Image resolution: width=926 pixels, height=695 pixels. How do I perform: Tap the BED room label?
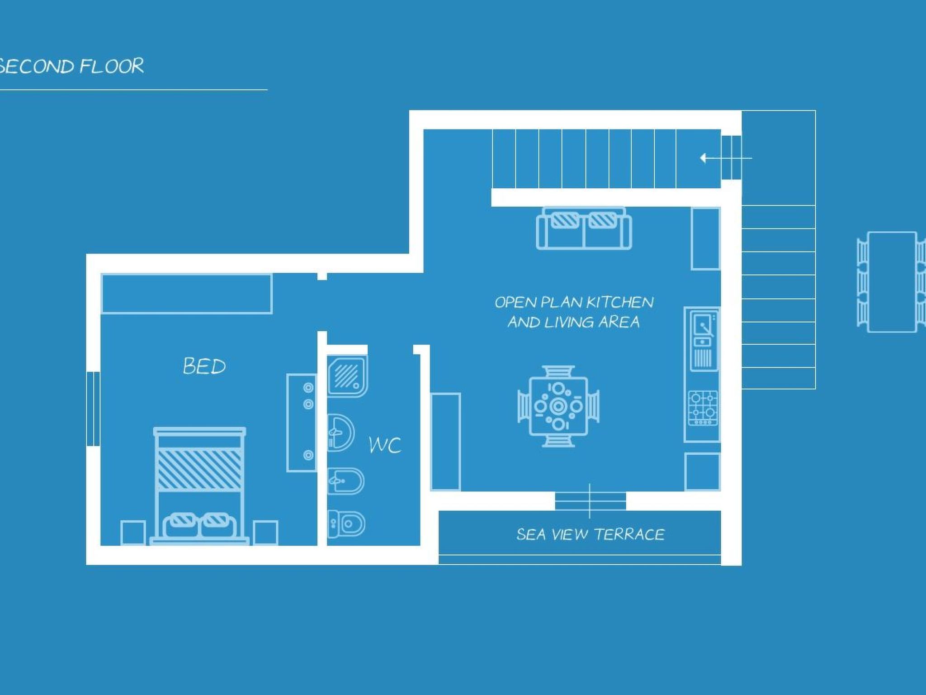coord(204,366)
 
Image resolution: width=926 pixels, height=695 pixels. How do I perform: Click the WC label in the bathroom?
coord(385,445)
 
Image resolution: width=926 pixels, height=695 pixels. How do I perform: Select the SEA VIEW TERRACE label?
coord(590,534)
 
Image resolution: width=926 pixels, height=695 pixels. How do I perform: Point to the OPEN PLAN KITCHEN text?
coord(574,302)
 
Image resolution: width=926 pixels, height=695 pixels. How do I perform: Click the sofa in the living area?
coord(584,228)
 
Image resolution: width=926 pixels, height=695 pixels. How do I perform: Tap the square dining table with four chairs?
coord(558,406)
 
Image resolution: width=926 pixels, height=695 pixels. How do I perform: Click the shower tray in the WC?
coord(347,376)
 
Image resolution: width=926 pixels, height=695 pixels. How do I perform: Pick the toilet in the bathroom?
coord(347,524)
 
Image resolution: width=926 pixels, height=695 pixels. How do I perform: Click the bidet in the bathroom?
coord(346,481)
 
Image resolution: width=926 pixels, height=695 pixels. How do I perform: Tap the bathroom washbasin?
coord(340,433)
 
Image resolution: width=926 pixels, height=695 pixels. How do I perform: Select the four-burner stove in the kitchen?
coord(703,408)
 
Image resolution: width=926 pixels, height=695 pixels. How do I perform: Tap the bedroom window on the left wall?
coord(93,409)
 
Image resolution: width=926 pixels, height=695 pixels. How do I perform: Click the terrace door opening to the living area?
coord(590,501)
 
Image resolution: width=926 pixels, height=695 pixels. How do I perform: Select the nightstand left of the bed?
coord(133,533)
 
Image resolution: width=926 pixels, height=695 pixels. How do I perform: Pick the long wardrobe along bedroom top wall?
coord(186,294)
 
